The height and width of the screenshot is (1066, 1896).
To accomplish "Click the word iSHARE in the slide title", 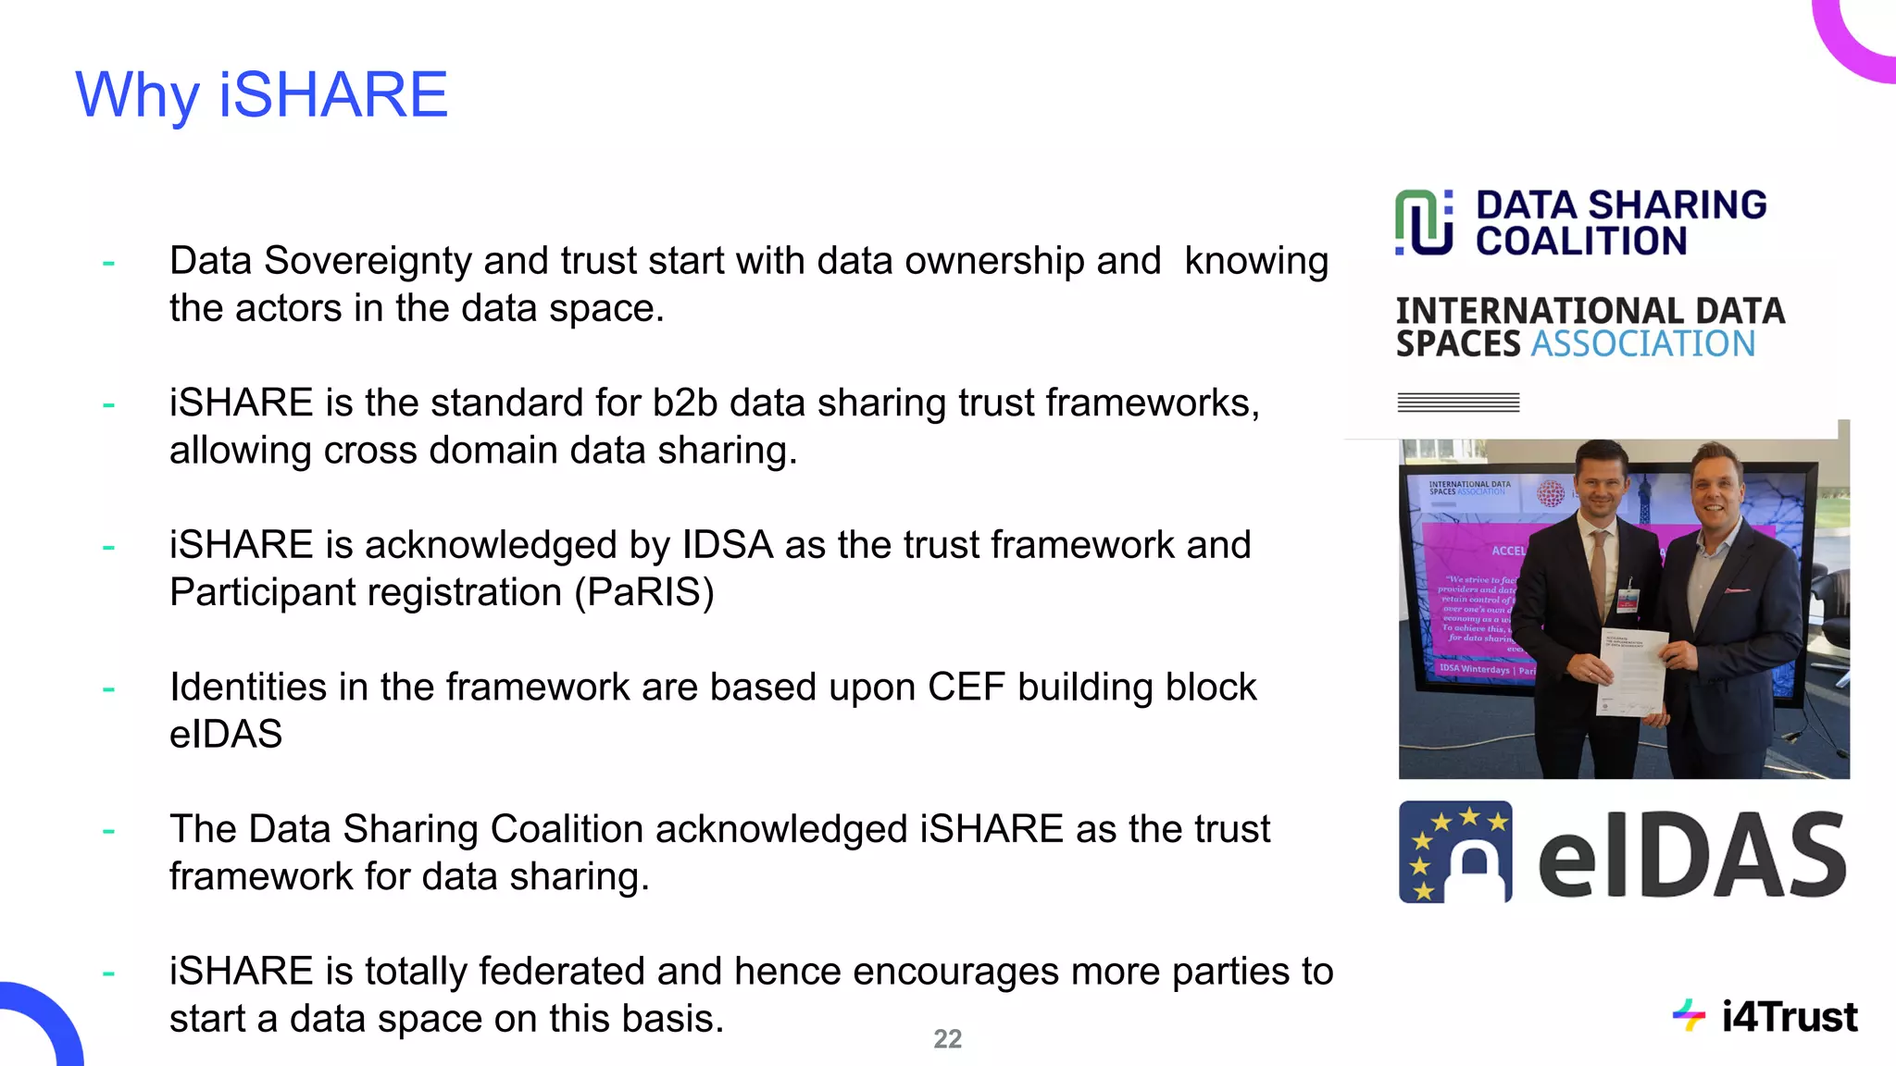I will click(x=333, y=94).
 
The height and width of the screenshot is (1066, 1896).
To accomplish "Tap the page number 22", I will click(x=947, y=1039).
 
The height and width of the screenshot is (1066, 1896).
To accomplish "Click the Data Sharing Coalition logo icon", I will click(x=1424, y=222).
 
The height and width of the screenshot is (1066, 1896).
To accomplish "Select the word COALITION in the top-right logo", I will click(x=1581, y=242).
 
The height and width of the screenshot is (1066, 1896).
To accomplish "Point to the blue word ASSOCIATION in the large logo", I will click(x=1643, y=344).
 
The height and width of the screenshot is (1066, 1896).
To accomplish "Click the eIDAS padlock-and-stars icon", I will click(x=1455, y=852).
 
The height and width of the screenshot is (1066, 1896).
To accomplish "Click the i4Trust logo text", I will click(x=1789, y=1017).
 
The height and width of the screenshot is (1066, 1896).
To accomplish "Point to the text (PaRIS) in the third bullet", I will click(x=644, y=592).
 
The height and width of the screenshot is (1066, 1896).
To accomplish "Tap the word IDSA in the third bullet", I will click(x=727, y=545).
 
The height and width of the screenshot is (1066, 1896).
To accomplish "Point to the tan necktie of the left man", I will click(x=1598, y=569).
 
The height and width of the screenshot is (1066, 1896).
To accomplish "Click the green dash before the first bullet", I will click(x=108, y=263).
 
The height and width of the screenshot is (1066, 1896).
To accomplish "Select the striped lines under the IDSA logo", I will click(x=1458, y=403).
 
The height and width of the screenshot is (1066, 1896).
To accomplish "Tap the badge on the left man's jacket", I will click(x=1628, y=601).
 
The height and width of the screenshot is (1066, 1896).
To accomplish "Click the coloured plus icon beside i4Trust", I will click(x=1689, y=1016).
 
